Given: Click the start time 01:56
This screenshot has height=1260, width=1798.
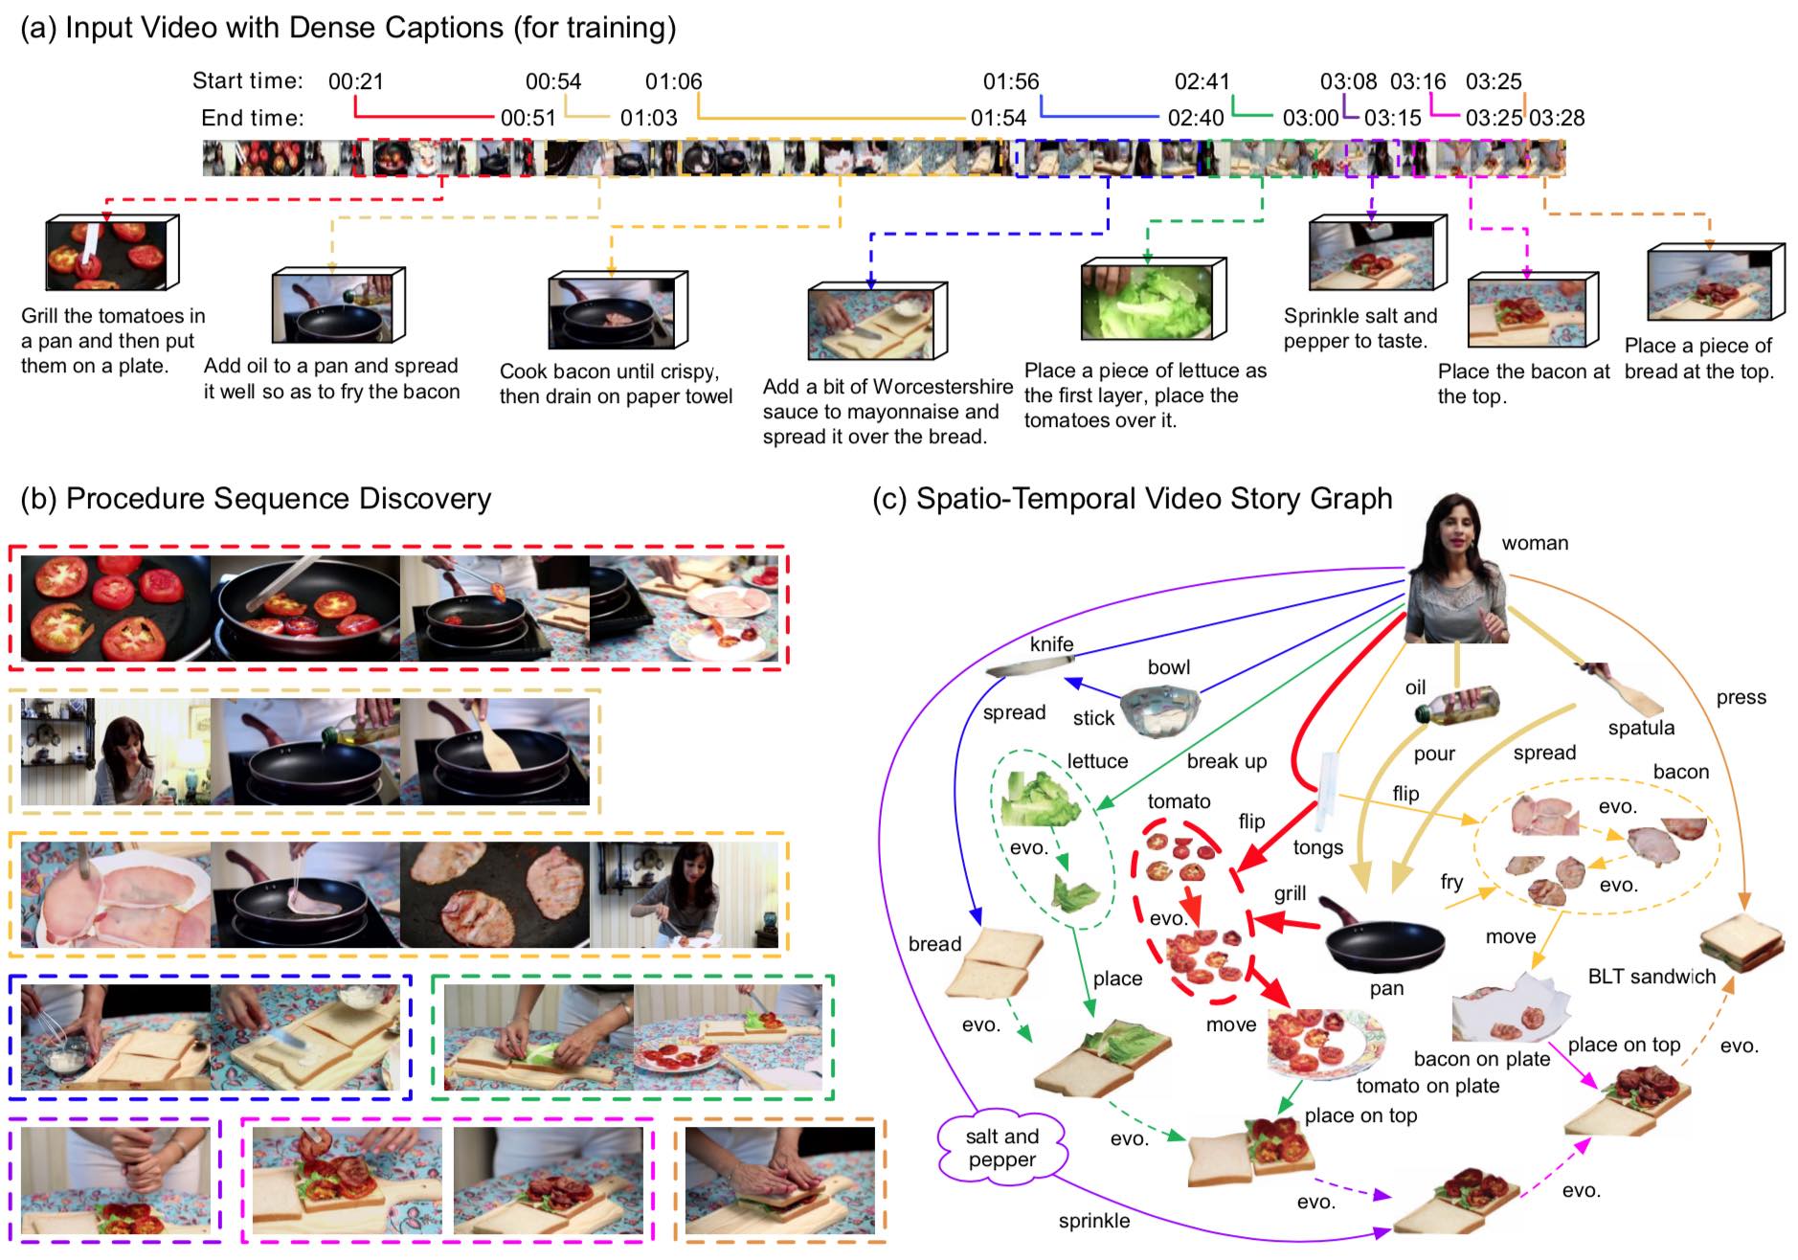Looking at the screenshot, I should pyautogui.click(x=1010, y=82).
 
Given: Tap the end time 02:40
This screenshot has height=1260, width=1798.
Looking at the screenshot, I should pyautogui.click(x=1195, y=119).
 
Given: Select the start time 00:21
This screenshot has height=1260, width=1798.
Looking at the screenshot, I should pyautogui.click(x=355, y=82).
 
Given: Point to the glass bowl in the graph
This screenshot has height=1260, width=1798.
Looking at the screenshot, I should pyautogui.click(x=1160, y=709).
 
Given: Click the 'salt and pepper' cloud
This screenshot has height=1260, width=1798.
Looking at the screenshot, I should pyautogui.click(x=1001, y=1148).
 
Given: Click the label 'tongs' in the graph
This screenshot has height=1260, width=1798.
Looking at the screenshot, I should pyautogui.click(x=1317, y=847).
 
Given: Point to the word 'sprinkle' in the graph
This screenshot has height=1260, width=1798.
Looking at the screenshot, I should pyautogui.click(x=1093, y=1221).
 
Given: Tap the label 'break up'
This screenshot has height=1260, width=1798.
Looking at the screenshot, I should pyautogui.click(x=1226, y=761).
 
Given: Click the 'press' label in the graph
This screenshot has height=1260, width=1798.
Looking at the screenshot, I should pyautogui.click(x=1741, y=698).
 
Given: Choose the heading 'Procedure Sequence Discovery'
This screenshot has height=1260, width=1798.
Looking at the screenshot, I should pyautogui.click(x=278, y=499).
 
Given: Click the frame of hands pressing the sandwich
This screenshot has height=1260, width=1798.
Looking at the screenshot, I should pyautogui.click(x=779, y=1180).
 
